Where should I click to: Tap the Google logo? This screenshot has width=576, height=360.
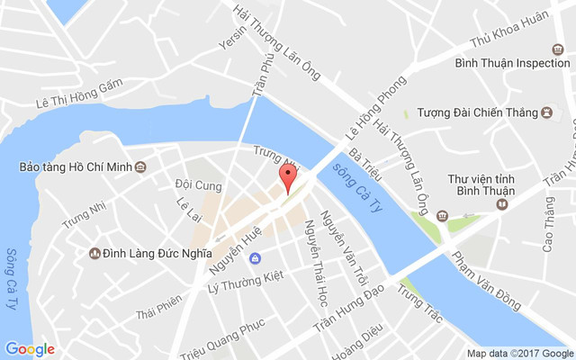point(30,349)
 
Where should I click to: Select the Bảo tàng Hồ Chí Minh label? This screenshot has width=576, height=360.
point(76,166)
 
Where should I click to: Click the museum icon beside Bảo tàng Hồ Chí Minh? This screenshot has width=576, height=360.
point(141,166)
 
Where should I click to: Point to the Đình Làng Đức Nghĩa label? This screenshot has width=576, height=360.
point(157,254)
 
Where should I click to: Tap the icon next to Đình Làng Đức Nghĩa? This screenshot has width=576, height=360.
point(94,254)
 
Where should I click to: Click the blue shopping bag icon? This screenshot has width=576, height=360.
point(256,259)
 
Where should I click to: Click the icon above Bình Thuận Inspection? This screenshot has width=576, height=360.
point(557,49)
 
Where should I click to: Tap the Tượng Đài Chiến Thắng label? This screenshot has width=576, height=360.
point(474,113)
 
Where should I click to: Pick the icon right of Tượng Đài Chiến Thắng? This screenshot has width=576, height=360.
point(546,113)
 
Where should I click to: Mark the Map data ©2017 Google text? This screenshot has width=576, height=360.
point(519,353)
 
